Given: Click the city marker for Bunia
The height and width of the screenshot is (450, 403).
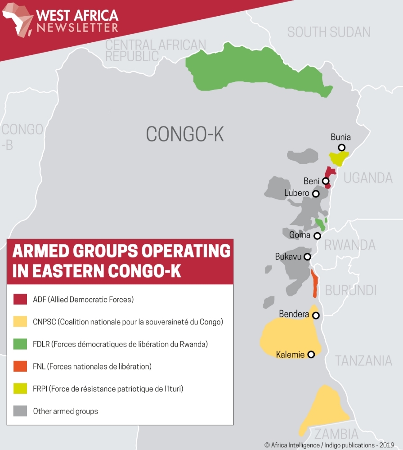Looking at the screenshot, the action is coord(342,148).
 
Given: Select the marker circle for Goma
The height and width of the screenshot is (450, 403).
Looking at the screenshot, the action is coord(318,236).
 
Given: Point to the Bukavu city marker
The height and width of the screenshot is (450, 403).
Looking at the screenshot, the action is coord(307,257).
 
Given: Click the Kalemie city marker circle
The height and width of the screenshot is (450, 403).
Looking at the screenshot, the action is coord(310,355).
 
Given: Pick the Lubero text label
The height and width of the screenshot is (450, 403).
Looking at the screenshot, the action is coord(296,193).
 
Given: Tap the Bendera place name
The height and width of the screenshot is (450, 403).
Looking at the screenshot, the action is coord(294,314).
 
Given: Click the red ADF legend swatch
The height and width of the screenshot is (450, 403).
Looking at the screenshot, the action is coord(21,299).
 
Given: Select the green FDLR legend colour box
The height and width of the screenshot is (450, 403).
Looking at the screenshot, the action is coord(21,344).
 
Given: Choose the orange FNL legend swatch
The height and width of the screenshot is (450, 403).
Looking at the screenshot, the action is coord(21,366).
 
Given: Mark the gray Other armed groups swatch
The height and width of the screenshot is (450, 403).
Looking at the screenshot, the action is coord(21,411).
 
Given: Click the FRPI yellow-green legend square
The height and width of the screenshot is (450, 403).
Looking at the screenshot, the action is coord(21,388).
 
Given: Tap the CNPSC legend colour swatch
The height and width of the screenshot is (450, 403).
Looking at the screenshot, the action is coord(21,322).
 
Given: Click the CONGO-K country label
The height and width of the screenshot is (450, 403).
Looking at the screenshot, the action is coord(185,134).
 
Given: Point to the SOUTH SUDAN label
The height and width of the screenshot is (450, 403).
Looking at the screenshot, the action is coord(328,32).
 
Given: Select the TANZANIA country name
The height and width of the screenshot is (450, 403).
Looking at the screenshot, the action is coord(363,360).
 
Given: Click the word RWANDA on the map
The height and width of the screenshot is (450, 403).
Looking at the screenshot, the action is coord(349,245).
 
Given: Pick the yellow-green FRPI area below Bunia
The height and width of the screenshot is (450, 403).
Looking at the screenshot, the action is coord(339,159).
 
